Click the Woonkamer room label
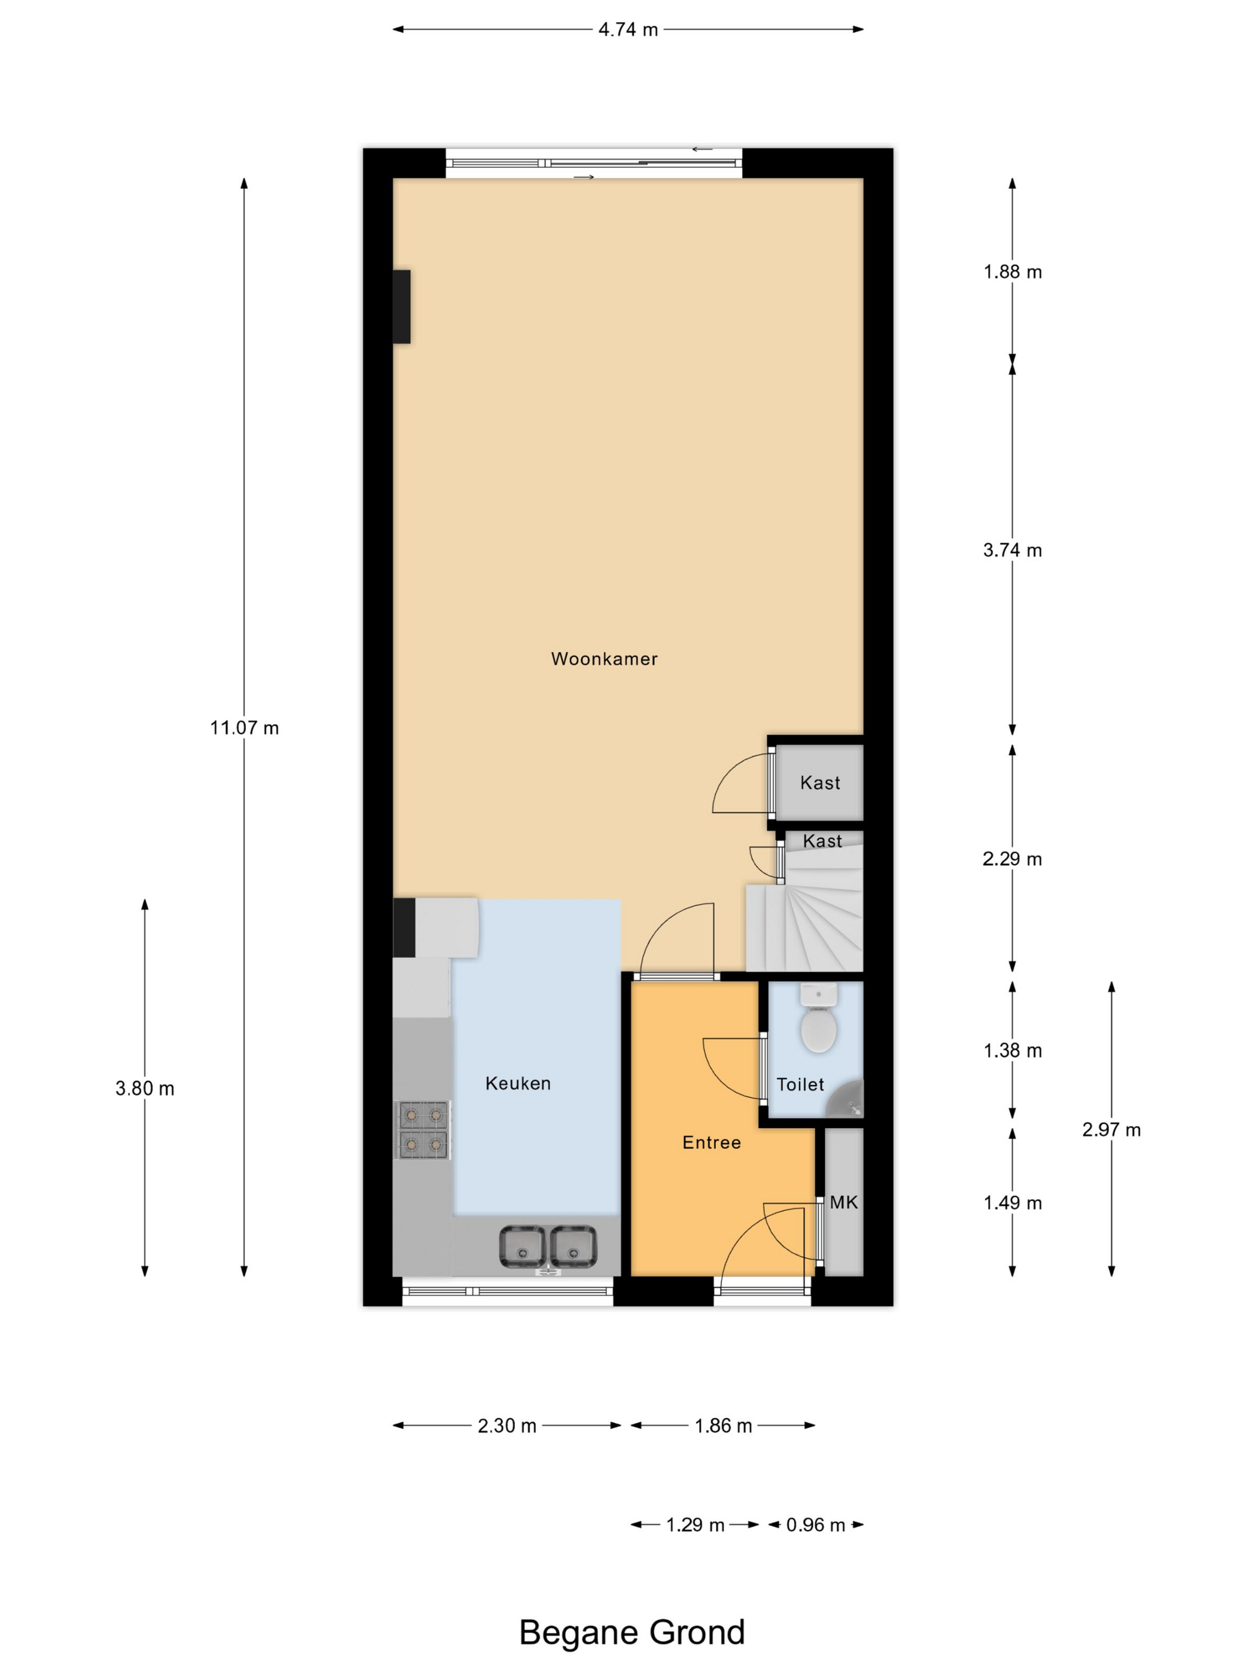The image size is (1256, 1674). coord(603,659)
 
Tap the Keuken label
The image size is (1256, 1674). coord(518,1084)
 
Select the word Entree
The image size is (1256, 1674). coord(711,1143)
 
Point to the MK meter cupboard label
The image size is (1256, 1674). coord(843,1202)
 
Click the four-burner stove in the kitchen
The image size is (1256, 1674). coord(422,1130)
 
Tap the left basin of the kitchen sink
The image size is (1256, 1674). coord(522,1247)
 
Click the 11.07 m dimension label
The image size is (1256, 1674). coord(245,728)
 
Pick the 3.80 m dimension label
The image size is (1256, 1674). coord(145,1089)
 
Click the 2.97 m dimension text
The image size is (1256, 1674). coord(1111,1130)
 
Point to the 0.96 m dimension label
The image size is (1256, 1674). coord(815,1525)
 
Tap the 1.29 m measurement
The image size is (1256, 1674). coord(695,1525)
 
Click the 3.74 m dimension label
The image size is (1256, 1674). coord(1012,550)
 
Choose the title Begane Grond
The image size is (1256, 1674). coord(632,1632)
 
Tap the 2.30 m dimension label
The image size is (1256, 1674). coord(507,1426)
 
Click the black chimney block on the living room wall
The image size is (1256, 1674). coord(401,307)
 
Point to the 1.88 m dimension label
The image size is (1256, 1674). coord(1012,271)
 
